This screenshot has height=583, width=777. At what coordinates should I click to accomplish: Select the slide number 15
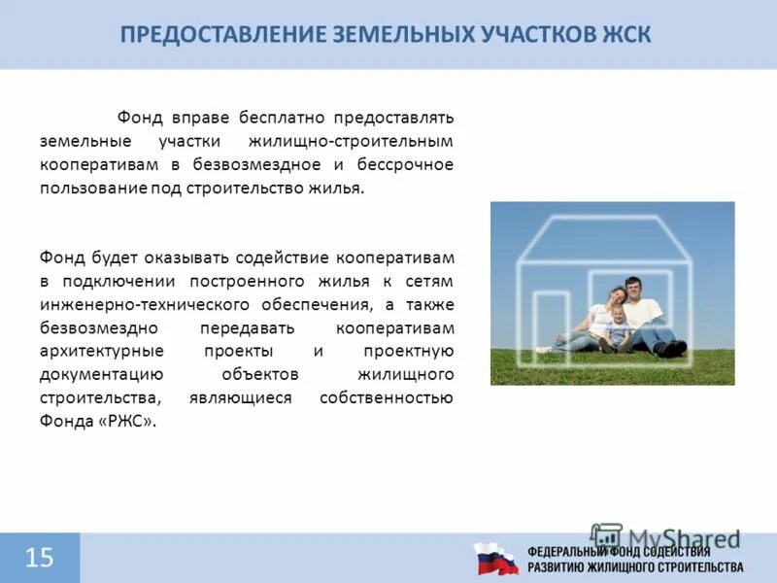[39, 558]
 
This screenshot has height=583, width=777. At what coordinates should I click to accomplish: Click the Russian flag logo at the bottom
[495, 559]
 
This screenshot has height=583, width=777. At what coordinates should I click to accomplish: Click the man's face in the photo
[632, 289]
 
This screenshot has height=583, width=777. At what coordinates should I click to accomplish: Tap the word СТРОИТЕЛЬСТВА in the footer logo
[697, 566]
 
